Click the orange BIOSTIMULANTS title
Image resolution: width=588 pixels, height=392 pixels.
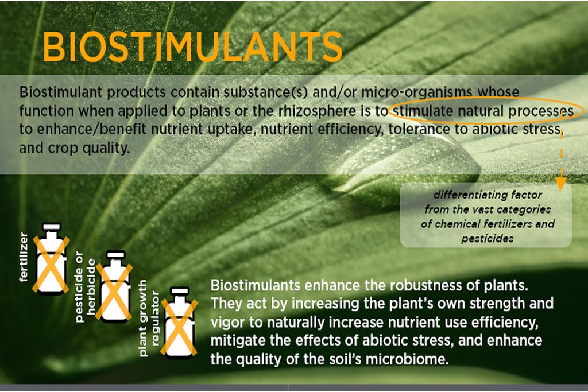[192, 46]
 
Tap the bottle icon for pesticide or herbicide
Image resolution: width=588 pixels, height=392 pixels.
[114, 287]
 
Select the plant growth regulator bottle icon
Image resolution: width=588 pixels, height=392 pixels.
[179, 323]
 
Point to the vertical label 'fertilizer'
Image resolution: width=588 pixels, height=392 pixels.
[23, 257]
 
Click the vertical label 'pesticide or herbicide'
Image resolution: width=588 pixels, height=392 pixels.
[86, 287]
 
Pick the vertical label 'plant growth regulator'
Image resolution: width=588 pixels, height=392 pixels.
[149, 318]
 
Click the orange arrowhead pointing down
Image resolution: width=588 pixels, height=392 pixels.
[560, 185]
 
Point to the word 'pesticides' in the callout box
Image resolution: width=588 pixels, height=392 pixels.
[487, 238]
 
